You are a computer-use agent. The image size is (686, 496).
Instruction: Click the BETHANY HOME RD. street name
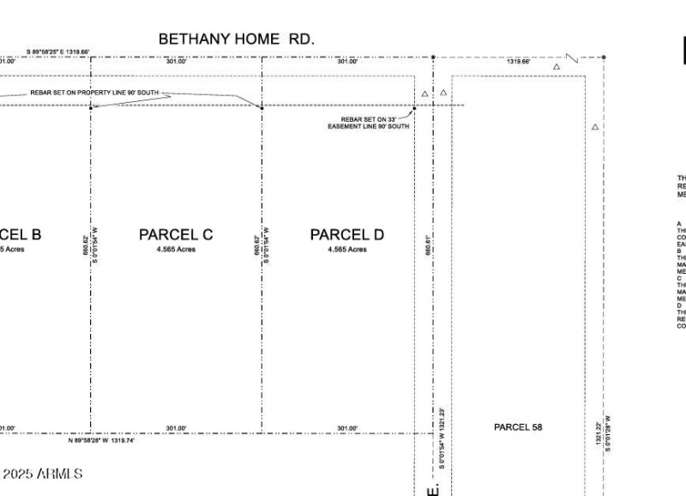click(x=237, y=39)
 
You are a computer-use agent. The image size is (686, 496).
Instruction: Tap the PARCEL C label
click(x=176, y=234)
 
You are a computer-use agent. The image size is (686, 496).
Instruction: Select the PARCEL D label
click(x=346, y=234)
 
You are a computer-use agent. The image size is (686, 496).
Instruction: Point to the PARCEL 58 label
click(x=518, y=426)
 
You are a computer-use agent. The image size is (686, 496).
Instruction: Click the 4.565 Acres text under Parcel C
click(x=176, y=250)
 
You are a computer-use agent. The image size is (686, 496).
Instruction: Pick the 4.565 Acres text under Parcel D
click(x=346, y=250)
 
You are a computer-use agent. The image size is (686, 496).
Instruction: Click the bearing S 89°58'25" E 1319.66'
click(x=57, y=51)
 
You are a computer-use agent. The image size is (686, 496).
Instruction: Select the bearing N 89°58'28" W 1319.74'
click(x=101, y=441)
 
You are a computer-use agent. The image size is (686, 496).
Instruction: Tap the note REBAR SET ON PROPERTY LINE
click(x=94, y=93)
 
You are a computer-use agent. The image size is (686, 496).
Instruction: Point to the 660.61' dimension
click(x=427, y=245)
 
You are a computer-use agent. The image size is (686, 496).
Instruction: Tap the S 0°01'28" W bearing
click(x=608, y=433)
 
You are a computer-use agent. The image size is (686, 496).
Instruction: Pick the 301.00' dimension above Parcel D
click(x=347, y=62)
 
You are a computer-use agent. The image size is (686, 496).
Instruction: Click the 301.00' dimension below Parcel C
click(x=176, y=428)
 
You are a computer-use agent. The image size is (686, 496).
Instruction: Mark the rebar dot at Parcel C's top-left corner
click(x=91, y=106)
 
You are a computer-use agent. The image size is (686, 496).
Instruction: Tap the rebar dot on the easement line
click(x=413, y=109)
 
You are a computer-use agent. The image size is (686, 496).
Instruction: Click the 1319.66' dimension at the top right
click(x=518, y=62)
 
